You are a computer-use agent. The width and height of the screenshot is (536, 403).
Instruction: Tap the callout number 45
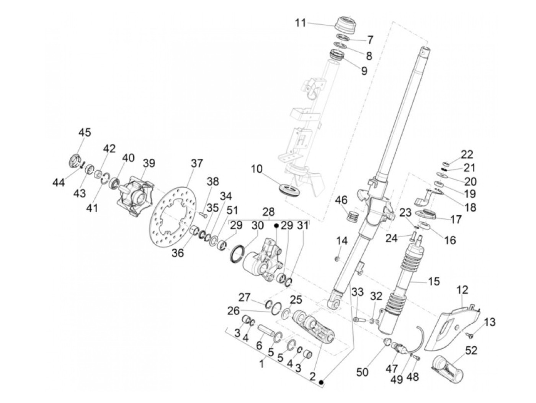(85, 133)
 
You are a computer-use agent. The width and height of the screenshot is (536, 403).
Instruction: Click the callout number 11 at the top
(301, 23)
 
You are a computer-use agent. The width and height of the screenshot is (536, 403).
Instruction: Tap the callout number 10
(257, 169)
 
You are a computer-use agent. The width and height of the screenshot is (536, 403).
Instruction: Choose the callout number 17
(456, 219)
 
